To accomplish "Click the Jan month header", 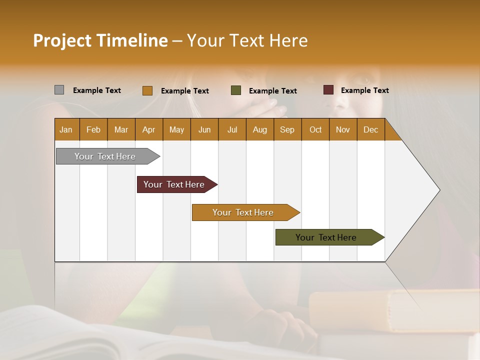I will pyautogui.click(x=66, y=129).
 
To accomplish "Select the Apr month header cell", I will pyautogui.click(x=149, y=129).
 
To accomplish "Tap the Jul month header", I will pyautogui.click(x=232, y=129).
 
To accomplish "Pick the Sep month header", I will pyautogui.click(x=287, y=129).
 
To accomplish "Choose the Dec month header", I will pyautogui.click(x=370, y=129).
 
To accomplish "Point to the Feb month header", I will pyautogui.click(x=93, y=129).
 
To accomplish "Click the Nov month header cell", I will pyautogui.click(x=343, y=129).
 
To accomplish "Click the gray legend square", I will pyautogui.click(x=59, y=90).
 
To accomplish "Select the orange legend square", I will pyautogui.click(x=147, y=90).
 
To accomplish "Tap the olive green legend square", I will pyautogui.click(x=236, y=90).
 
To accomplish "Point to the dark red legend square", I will pyautogui.click(x=328, y=90).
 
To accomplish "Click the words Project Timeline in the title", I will pyautogui.click(x=100, y=40).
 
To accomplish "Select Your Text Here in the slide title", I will pyautogui.click(x=247, y=40).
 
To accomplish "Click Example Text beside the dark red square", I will pyautogui.click(x=364, y=90).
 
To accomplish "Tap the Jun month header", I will pyautogui.click(x=204, y=129).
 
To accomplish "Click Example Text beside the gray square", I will pyautogui.click(x=96, y=90).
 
